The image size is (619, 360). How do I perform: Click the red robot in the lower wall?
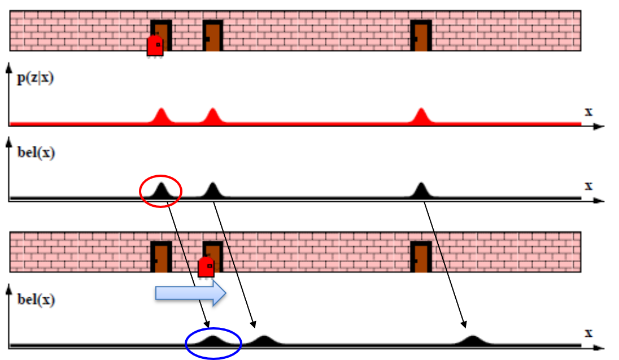coord(206,266)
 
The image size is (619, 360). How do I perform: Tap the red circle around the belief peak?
coord(160,190)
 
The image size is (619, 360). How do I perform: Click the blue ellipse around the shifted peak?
coord(213,342)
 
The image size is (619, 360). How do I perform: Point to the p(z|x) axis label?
coord(34,78)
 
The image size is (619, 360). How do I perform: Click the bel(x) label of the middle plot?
coord(34,153)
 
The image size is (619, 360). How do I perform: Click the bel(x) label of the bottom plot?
coord(34,299)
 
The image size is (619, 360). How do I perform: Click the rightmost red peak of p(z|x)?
coord(420,115)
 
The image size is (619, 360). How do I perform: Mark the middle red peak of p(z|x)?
coord(212,115)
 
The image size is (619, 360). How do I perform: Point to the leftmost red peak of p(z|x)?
coord(161,115)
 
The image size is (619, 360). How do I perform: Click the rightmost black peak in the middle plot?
coord(420,190)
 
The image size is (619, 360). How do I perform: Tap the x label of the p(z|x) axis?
coord(589,111)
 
